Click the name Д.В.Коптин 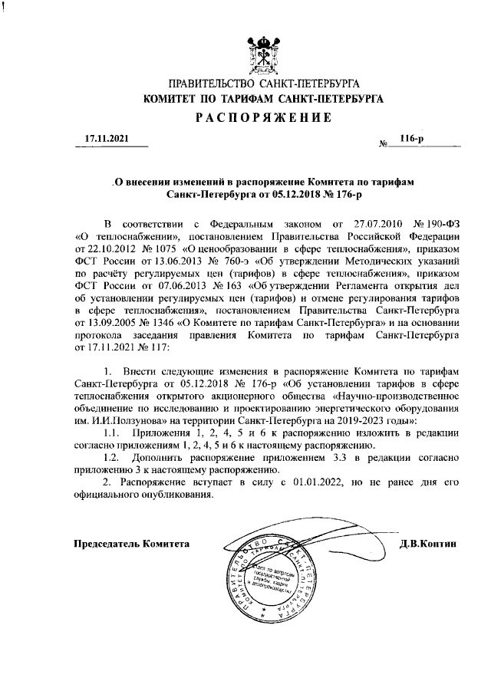coord(427,544)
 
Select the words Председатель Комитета coord(130,544)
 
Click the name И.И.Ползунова coord(130,421)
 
